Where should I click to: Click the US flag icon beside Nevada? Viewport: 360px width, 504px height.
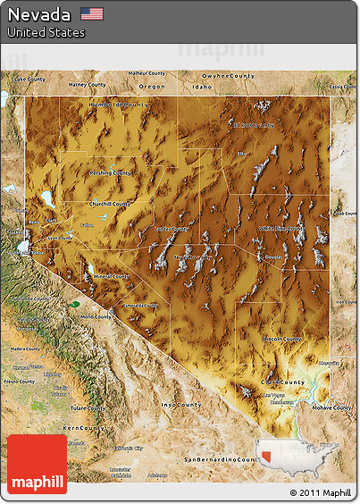(x=91, y=13)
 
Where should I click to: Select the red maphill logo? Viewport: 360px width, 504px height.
(x=37, y=464)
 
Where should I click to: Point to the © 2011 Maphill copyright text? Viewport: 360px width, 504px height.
(x=321, y=492)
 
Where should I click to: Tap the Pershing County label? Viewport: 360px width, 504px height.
(x=110, y=172)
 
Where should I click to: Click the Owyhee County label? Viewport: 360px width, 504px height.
(x=229, y=76)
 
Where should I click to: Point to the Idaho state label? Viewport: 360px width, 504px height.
(x=202, y=87)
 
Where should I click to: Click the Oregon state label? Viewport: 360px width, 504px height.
(x=152, y=87)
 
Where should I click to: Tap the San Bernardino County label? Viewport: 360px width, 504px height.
(x=218, y=458)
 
